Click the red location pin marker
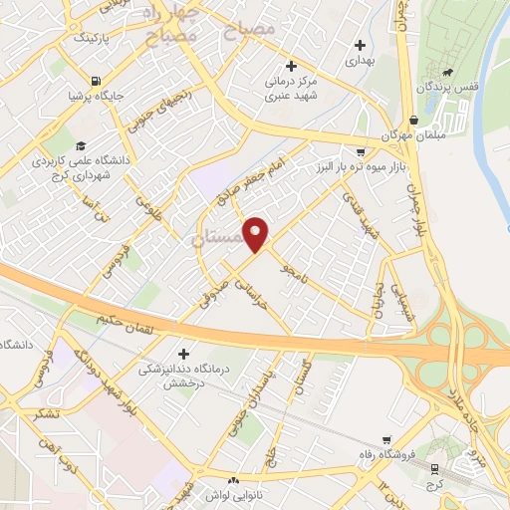pos(257,233)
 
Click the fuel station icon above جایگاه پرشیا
pos(95,82)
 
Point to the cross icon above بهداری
pos(361,45)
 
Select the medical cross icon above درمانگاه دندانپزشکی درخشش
pos(183,355)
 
